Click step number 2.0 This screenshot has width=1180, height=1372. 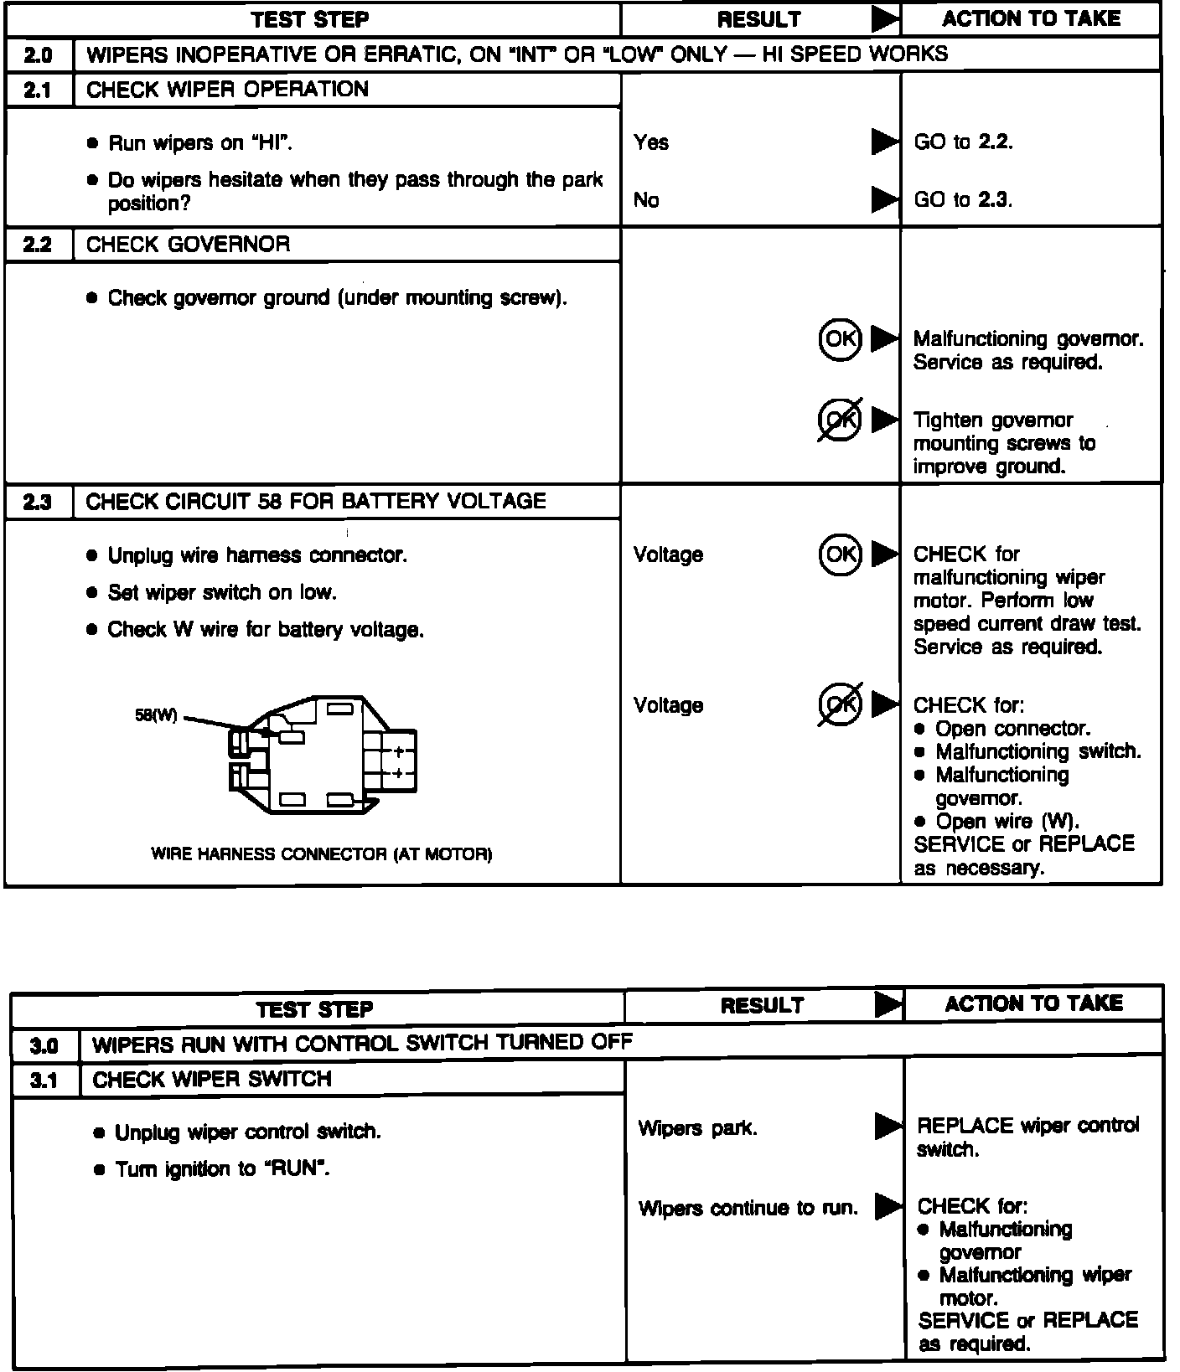tap(38, 55)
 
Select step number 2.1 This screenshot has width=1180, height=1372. tap(38, 90)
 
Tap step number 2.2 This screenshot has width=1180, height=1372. tap(38, 245)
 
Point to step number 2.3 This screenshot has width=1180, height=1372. tap(38, 502)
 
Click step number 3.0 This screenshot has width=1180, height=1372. tap(44, 1046)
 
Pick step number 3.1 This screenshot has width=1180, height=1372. tap(44, 1081)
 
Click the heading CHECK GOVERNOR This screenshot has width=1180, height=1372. tap(188, 245)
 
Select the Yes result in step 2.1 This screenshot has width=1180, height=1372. tap(651, 142)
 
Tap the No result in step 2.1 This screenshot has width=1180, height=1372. tap(646, 200)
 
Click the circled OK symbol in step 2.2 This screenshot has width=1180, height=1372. tap(840, 338)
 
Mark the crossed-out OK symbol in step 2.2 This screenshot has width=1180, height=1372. tap(840, 419)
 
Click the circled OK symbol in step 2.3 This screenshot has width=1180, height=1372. tap(840, 554)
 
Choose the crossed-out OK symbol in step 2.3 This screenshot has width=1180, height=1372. tap(840, 704)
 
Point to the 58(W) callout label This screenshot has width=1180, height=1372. tap(157, 716)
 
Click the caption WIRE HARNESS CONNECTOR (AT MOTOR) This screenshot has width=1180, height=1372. tap(321, 854)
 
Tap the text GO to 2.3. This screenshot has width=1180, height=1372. tap(963, 200)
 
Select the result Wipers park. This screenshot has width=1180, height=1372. tap(697, 1128)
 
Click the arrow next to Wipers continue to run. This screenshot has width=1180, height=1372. tap(888, 1207)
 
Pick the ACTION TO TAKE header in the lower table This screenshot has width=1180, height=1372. tap(1033, 1003)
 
